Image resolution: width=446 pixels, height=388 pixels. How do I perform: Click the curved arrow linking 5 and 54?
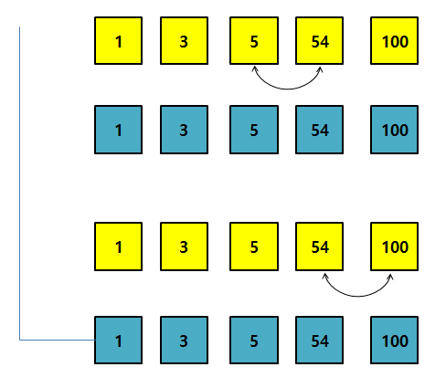point(287,89)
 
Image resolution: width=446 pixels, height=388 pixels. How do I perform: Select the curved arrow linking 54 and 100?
point(358,296)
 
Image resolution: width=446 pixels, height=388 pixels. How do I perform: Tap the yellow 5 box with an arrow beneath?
point(254,41)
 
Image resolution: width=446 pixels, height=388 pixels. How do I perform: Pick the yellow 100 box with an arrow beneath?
point(394,246)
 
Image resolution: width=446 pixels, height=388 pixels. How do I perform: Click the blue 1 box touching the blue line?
point(118,341)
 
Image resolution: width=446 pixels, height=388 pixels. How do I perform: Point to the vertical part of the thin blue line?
point(19,184)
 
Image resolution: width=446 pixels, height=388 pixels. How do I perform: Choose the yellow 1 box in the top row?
point(118,41)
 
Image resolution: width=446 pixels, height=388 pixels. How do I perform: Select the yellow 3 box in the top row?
point(184,41)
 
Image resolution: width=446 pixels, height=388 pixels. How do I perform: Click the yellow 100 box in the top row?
point(394,41)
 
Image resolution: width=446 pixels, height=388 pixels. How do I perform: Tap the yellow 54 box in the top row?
point(319,41)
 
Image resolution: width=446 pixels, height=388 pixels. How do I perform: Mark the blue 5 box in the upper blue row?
point(254,130)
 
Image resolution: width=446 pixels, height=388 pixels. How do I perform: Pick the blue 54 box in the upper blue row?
point(319,130)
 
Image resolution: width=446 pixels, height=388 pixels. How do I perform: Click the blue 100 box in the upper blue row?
point(394,130)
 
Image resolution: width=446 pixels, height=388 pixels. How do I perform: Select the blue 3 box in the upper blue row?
point(184,130)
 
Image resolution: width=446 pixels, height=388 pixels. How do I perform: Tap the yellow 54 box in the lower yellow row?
point(319,246)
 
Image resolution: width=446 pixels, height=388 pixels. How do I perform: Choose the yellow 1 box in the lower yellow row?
point(118,246)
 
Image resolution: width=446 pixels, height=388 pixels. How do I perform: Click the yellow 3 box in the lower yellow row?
point(184,246)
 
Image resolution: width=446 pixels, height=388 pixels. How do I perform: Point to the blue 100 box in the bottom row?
point(394,341)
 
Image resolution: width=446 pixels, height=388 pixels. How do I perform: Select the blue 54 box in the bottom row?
point(319,341)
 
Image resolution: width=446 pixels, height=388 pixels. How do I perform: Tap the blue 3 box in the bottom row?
point(184,341)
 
